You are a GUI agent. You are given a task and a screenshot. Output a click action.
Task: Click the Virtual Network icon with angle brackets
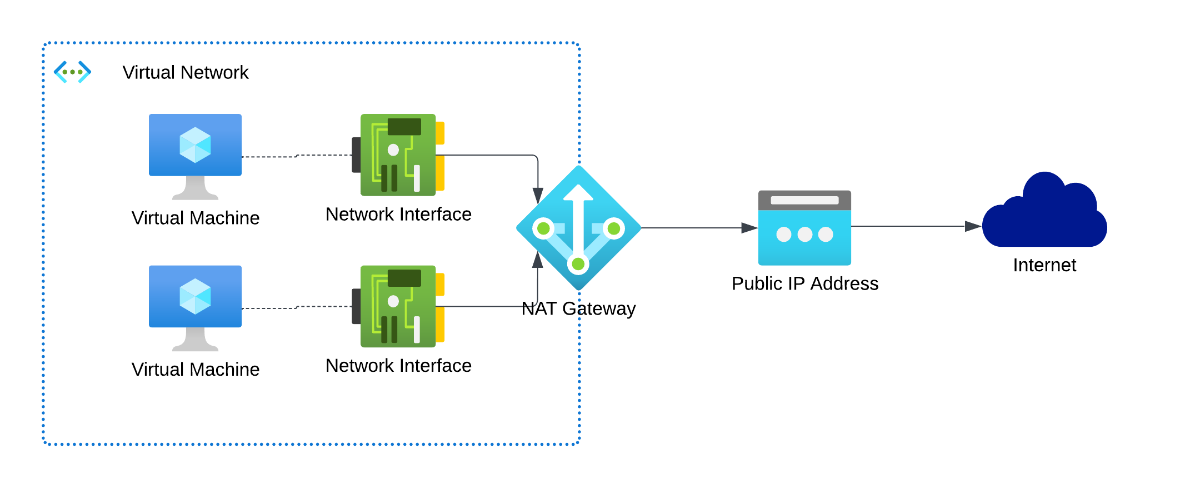[x=72, y=72]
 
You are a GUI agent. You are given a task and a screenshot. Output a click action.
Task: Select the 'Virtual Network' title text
[x=186, y=72]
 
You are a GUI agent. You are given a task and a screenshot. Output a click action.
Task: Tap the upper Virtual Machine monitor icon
[x=195, y=151]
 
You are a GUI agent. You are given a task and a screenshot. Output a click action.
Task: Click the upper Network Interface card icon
[x=398, y=155]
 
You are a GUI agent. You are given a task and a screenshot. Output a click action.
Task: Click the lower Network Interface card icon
[x=398, y=306]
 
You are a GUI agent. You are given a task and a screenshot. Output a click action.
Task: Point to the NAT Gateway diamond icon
[x=578, y=228]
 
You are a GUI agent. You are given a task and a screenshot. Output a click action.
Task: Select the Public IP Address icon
[x=804, y=228]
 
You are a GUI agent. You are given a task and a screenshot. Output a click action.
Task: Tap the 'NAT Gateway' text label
[x=578, y=308]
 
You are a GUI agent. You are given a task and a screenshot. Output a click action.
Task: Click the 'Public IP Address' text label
[x=804, y=283]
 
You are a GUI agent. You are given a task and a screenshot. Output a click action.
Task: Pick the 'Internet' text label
[x=1044, y=265]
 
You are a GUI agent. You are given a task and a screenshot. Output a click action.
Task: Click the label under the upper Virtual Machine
[x=195, y=218]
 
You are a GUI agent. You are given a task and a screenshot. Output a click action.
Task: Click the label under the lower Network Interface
[x=398, y=366]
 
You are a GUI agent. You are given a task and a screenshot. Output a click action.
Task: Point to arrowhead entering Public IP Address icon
[x=749, y=228]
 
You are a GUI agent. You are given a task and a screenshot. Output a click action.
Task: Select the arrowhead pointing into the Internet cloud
[x=973, y=226]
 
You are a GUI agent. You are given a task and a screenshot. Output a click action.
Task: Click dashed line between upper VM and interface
[x=297, y=156]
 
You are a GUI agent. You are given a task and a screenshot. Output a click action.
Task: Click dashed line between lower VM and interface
[x=297, y=307]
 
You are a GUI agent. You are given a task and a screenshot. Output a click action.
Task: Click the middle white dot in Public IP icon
[x=804, y=235]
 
